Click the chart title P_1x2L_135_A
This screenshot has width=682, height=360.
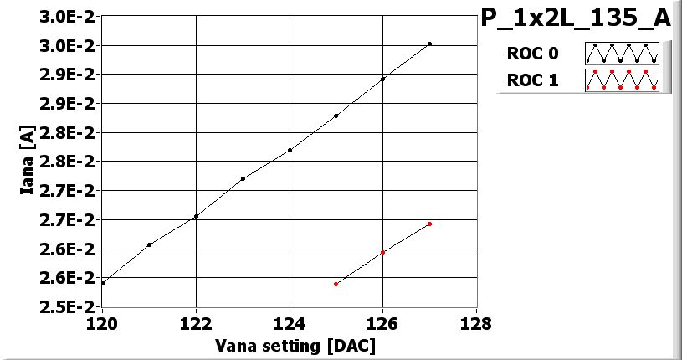[576, 18]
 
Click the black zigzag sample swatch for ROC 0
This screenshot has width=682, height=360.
[622, 54]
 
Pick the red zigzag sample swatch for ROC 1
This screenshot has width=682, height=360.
[622, 80]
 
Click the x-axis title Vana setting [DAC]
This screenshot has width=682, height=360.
[295, 345]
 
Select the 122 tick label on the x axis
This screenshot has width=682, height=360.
[196, 323]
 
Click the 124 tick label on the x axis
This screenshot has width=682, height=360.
[290, 323]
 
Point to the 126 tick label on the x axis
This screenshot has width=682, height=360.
[382, 323]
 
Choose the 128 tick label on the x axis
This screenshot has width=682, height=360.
[476, 323]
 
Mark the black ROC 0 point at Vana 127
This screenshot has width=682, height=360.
[429, 44]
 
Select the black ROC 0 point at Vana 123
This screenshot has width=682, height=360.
[243, 178]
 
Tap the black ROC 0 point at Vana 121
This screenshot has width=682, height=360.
[149, 244]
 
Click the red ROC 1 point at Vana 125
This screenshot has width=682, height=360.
[336, 284]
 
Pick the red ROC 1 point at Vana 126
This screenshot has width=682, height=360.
[382, 252]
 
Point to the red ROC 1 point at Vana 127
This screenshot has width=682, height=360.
[429, 224]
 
